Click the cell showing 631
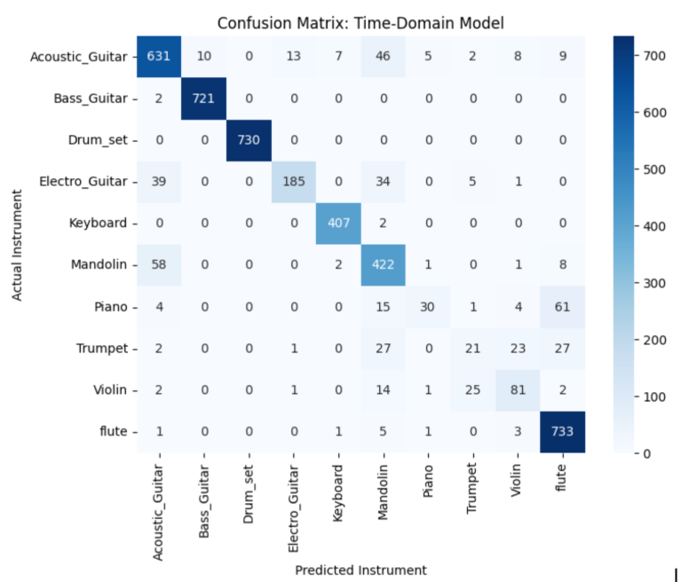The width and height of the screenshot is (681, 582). tap(159, 57)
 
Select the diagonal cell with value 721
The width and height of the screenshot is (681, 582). tap(203, 98)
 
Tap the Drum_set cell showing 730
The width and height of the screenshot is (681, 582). tap(249, 140)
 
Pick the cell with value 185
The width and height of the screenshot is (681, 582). tap(294, 181)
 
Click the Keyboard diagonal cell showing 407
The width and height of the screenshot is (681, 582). tap(338, 223)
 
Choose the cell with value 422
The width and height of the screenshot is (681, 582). tap(383, 264)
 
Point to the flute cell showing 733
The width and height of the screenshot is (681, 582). tap(562, 431)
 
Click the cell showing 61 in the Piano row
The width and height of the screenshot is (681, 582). tap(562, 307)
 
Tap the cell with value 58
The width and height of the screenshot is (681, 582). tap(159, 264)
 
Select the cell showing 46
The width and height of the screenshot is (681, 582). tap(383, 57)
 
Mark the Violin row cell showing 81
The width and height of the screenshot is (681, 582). tap(518, 389)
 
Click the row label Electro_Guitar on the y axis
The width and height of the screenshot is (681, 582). tap(83, 181)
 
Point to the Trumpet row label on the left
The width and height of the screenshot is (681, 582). tap(102, 349)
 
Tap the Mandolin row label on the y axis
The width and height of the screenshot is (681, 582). tap(99, 264)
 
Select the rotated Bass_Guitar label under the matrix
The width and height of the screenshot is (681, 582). tap(203, 501)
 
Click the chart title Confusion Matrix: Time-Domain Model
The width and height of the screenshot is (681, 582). tap(360, 23)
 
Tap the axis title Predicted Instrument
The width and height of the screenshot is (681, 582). tap(360, 570)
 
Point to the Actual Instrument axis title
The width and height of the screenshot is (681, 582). tap(17, 245)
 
